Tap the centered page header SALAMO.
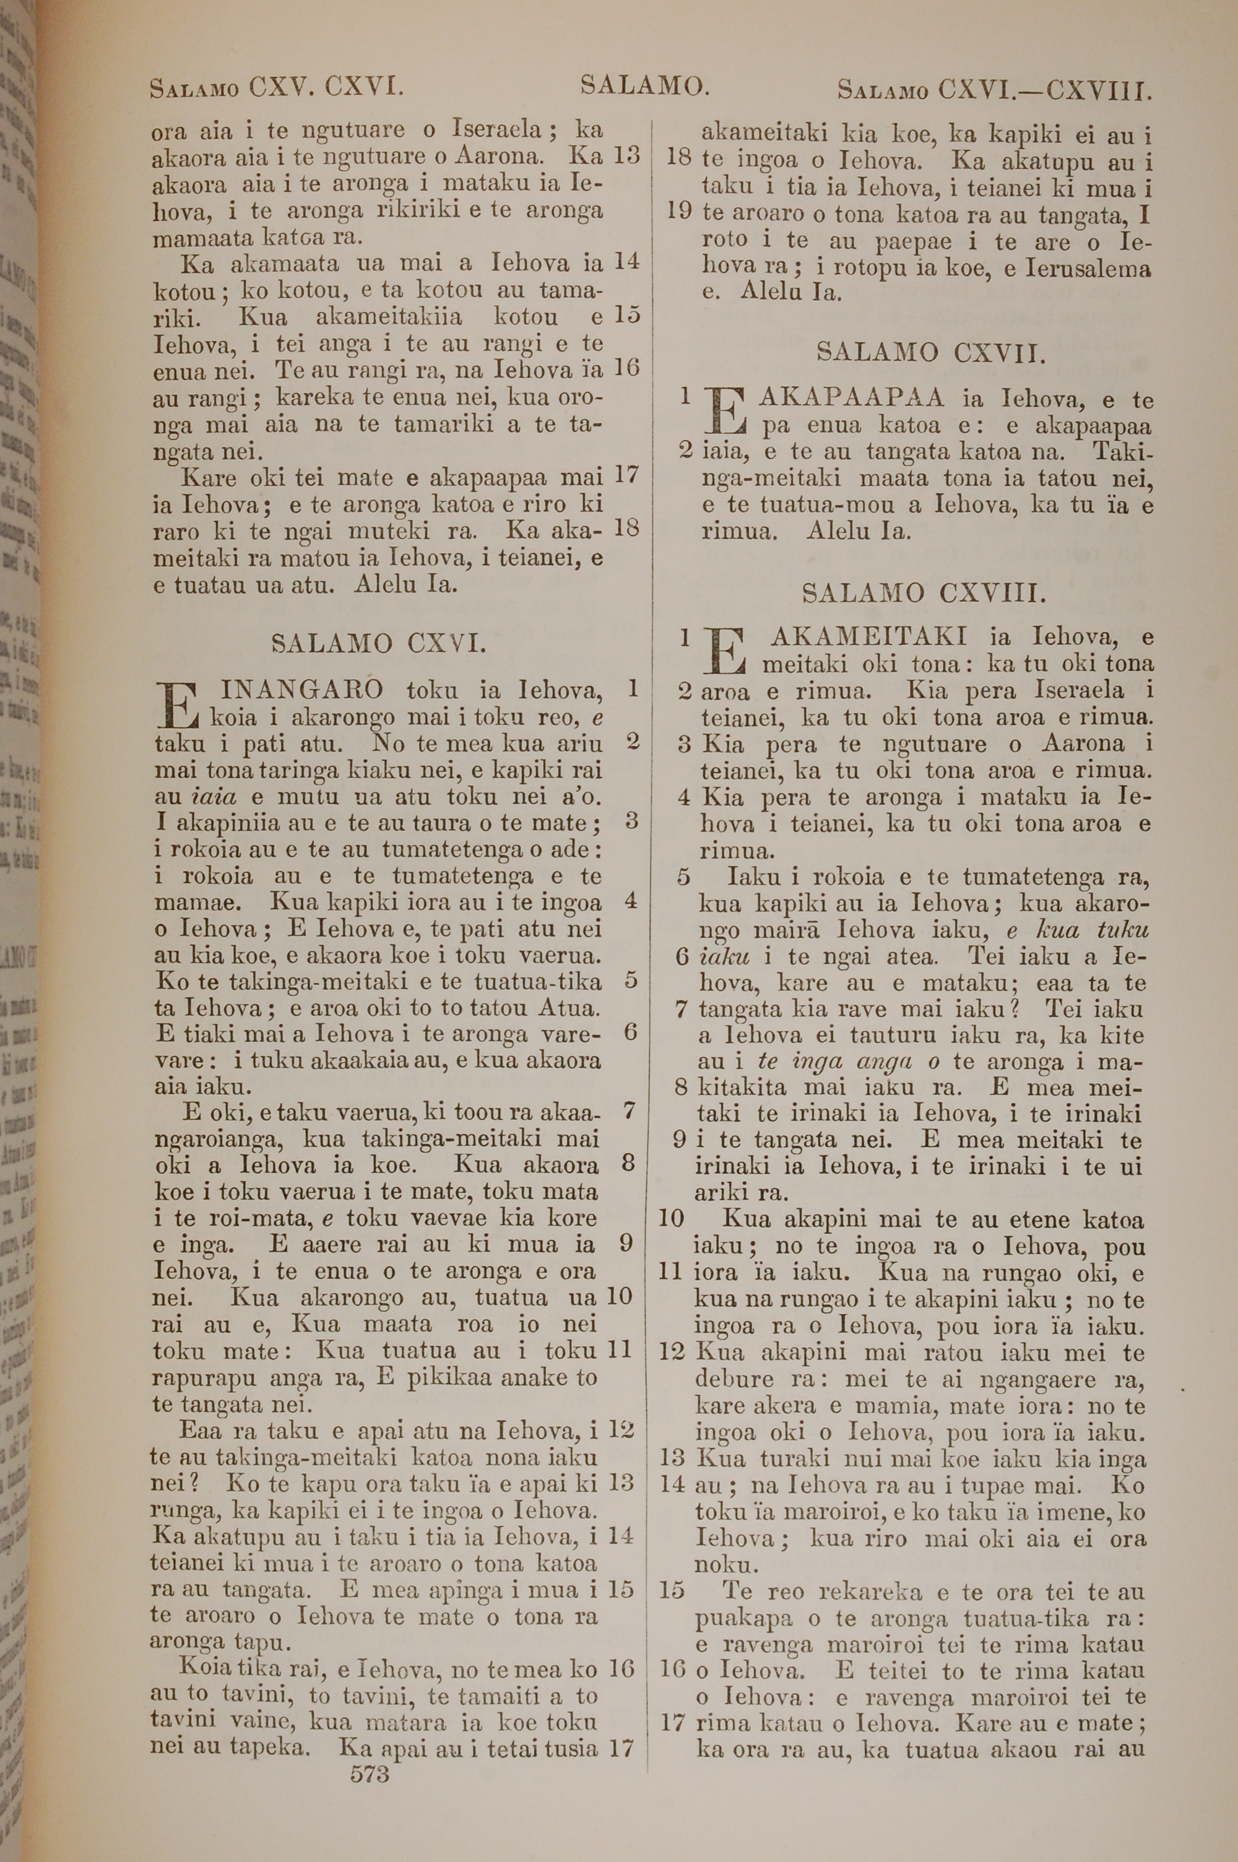[644, 84]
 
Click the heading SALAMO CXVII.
[931, 352]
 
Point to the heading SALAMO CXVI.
[378, 643]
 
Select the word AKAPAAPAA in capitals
[851, 399]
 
